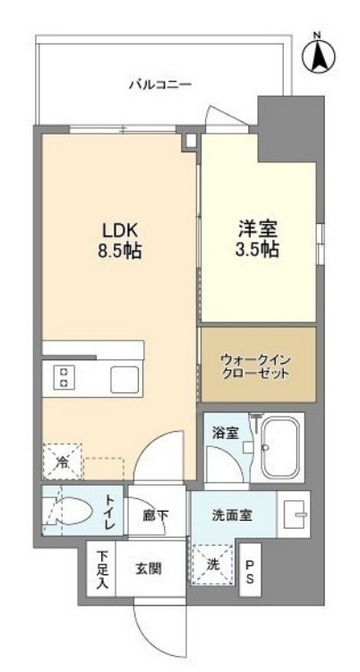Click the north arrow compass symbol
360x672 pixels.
(317, 54)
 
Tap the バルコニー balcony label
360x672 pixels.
(159, 85)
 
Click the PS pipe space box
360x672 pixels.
(250, 571)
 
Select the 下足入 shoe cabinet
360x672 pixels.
(103, 569)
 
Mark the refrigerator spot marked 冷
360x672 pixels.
(62, 463)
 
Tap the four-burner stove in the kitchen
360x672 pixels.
(64, 377)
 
